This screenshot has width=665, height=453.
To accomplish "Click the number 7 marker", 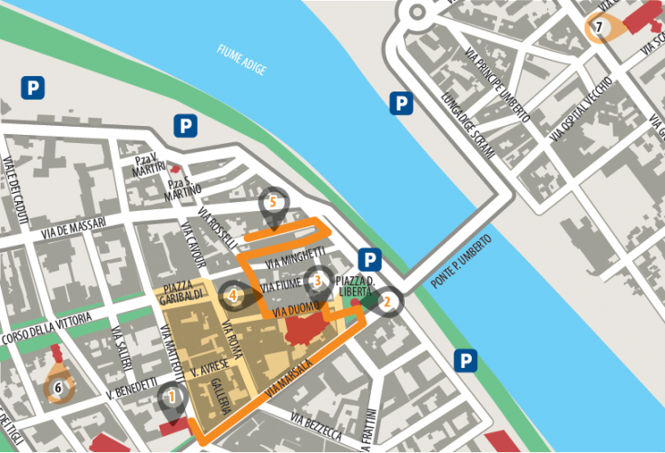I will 599,27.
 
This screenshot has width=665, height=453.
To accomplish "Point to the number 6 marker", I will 59,388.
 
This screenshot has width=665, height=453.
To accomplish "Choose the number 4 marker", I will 233,294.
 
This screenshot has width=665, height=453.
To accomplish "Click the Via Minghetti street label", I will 296,257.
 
